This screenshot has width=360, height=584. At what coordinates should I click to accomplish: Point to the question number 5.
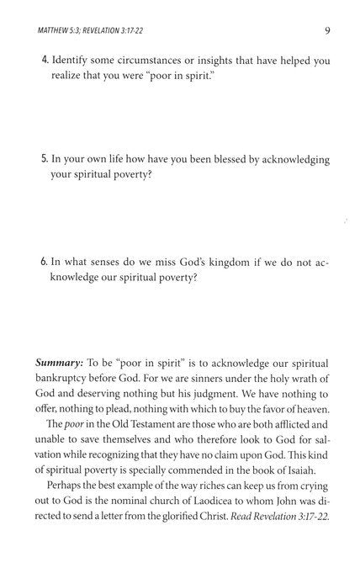pyautogui.click(x=45, y=160)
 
